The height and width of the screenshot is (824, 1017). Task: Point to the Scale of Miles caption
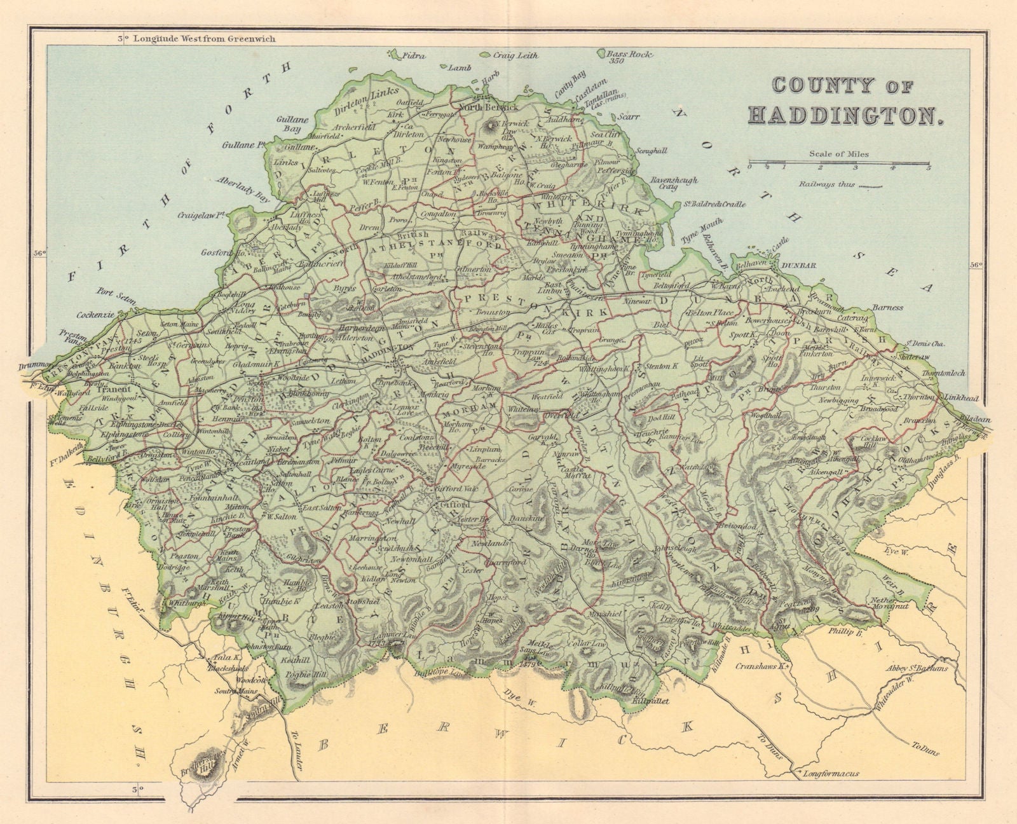tap(838, 153)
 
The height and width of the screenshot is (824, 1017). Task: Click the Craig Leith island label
tap(515, 56)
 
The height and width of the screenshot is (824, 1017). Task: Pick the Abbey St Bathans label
tap(917, 668)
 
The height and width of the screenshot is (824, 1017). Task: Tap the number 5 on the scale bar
tap(929, 168)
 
